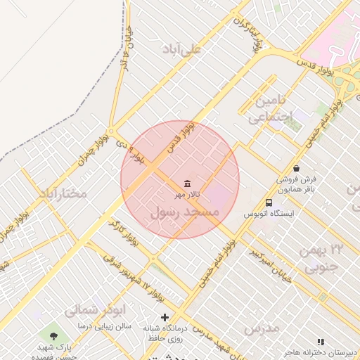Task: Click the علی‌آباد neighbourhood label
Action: (181, 49)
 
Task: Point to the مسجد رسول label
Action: (185, 211)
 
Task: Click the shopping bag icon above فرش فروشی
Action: (297, 169)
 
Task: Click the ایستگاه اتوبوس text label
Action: (271, 213)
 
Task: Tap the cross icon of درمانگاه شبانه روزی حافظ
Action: (165, 317)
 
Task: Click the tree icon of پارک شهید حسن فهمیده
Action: (54, 332)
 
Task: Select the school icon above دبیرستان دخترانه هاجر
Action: (321, 342)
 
